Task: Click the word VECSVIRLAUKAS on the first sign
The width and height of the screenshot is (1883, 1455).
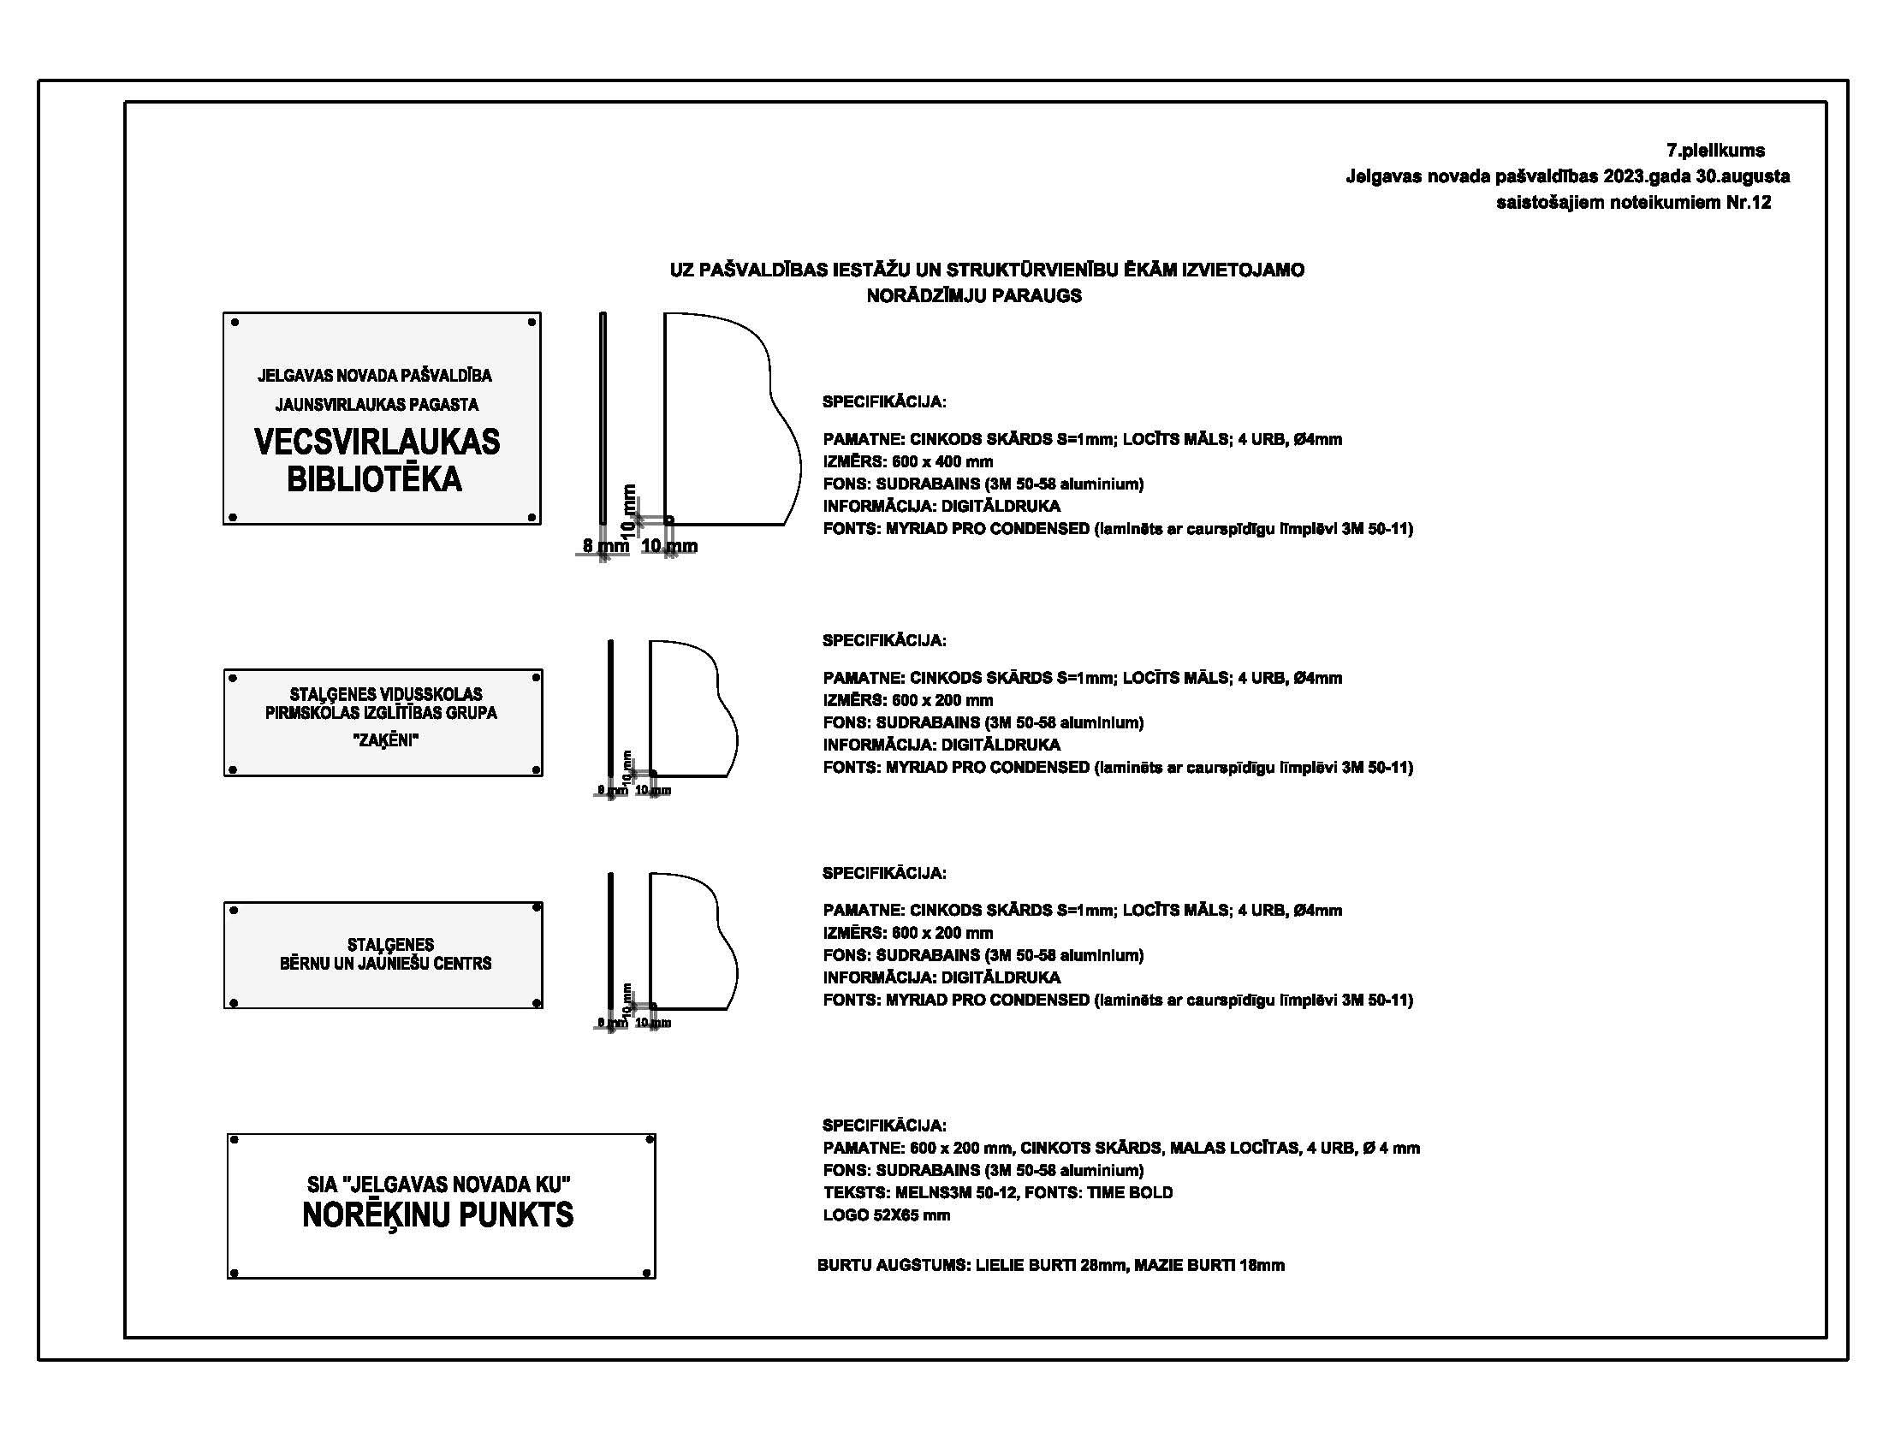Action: [x=377, y=442]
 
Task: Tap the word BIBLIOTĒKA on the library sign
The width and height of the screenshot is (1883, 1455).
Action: [x=374, y=480]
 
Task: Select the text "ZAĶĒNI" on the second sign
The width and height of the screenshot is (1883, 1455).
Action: [x=385, y=739]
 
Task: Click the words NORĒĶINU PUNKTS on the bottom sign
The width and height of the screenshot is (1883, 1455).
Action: [x=437, y=1215]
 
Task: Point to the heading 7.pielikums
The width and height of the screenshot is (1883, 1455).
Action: [x=1715, y=151]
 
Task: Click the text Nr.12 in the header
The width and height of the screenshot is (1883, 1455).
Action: [x=1748, y=203]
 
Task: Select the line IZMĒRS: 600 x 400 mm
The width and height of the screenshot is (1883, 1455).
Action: [x=908, y=462]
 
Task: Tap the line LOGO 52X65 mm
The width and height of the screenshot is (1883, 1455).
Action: [x=887, y=1215]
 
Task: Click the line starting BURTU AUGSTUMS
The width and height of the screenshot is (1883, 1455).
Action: [x=1051, y=1265]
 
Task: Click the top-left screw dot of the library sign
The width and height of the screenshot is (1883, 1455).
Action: [x=235, y=323]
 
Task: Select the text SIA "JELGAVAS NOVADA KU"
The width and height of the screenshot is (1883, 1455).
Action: [x=439, y=1185]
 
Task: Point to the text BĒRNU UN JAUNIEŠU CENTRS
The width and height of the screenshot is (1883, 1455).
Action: [x=385, y=964]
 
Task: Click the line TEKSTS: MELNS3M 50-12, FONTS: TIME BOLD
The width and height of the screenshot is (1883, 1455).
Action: [x=997, y=1193]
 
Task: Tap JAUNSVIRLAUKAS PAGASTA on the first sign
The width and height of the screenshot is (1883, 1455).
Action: [x=377, y=404]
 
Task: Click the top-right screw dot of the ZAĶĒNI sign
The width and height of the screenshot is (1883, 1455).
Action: [x=536, y=678]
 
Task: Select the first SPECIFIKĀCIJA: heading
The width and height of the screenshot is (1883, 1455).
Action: [x=884, y=401]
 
